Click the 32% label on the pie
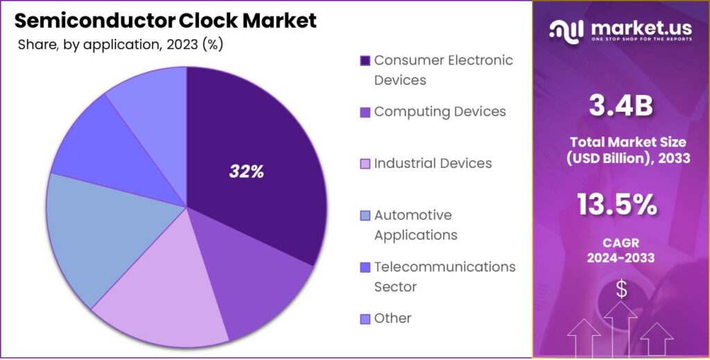[247, 172]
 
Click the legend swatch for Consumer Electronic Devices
[365, 61]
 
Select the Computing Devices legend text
[440, 112]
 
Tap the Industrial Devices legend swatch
[365, 164]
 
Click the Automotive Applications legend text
[415, 225]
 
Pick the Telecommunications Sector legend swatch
[365, 267]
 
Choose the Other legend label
[392, 318]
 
